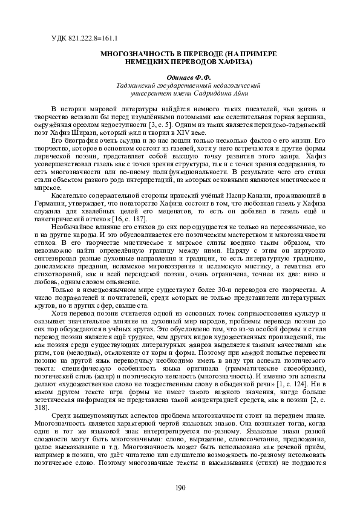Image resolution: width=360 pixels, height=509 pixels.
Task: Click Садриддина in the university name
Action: click(x=200, y=94)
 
